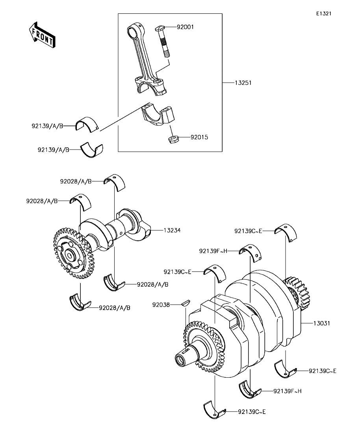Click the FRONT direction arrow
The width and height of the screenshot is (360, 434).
[42, 34]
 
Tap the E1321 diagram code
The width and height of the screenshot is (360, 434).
[324, 13]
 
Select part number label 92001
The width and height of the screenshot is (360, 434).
[186, 27]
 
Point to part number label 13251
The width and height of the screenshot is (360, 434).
[243, 83]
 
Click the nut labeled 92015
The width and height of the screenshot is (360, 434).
[174, 139]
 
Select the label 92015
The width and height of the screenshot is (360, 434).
[199, 137]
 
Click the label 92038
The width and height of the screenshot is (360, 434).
[161, 305]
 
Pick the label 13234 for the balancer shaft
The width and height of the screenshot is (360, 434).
[172, 230]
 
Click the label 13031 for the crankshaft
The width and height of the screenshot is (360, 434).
[322, 323]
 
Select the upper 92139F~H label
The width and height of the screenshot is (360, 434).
[213, 251]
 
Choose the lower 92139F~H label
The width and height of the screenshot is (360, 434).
[288, 391]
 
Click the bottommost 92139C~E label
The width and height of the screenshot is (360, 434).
[252, 412]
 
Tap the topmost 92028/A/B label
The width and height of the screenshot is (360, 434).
[76, 181]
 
